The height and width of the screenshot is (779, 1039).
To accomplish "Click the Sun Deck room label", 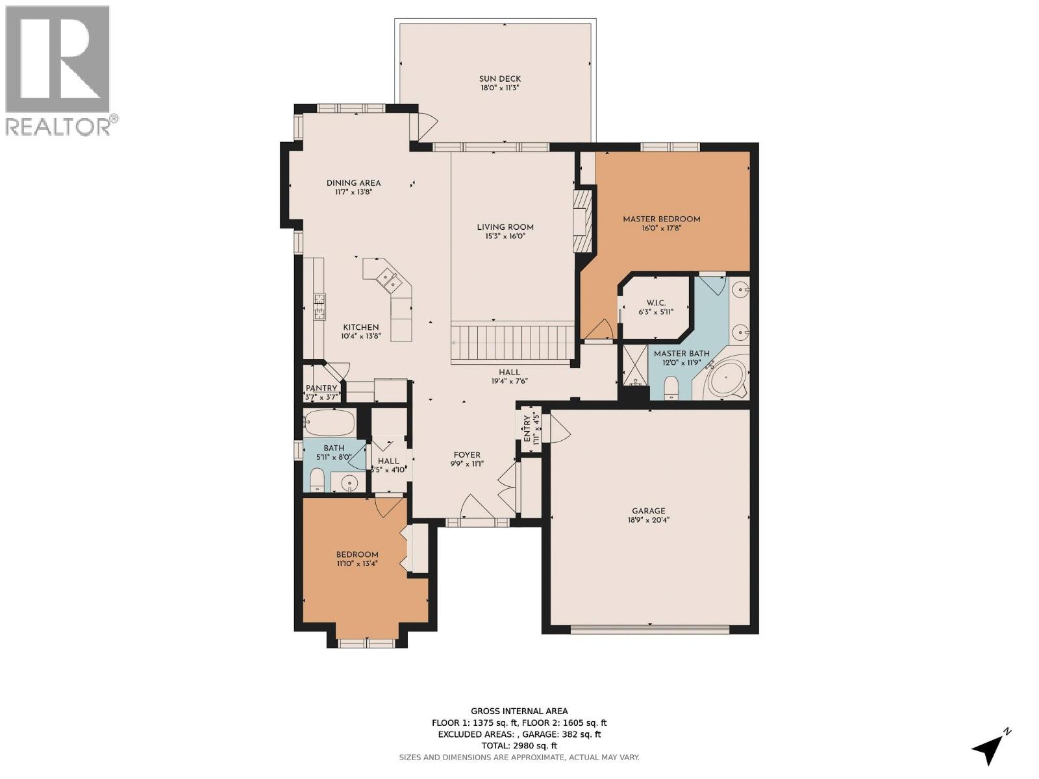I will pos(500,79).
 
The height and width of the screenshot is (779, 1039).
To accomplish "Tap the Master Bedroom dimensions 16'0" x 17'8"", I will pos(662,230).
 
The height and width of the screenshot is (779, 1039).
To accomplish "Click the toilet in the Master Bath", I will pos(671,388).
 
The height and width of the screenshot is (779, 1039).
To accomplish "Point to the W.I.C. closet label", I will pos(656,303).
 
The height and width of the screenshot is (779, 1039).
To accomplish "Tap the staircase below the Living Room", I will pos(513,343).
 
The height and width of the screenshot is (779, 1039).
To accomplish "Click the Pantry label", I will pos(321,388).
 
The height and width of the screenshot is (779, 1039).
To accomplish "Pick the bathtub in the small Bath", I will pos(329,423).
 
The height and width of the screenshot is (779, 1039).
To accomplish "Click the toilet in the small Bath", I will pos(317,480).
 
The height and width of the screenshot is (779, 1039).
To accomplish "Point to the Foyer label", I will pos(467,455).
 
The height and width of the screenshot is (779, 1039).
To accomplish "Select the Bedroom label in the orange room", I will pos(357,554).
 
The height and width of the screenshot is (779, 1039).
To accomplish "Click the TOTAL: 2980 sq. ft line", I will pos(519,746).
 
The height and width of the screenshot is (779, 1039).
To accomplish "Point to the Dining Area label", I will pos(353,183).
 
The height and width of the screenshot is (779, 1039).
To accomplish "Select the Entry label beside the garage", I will pos(525,427).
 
